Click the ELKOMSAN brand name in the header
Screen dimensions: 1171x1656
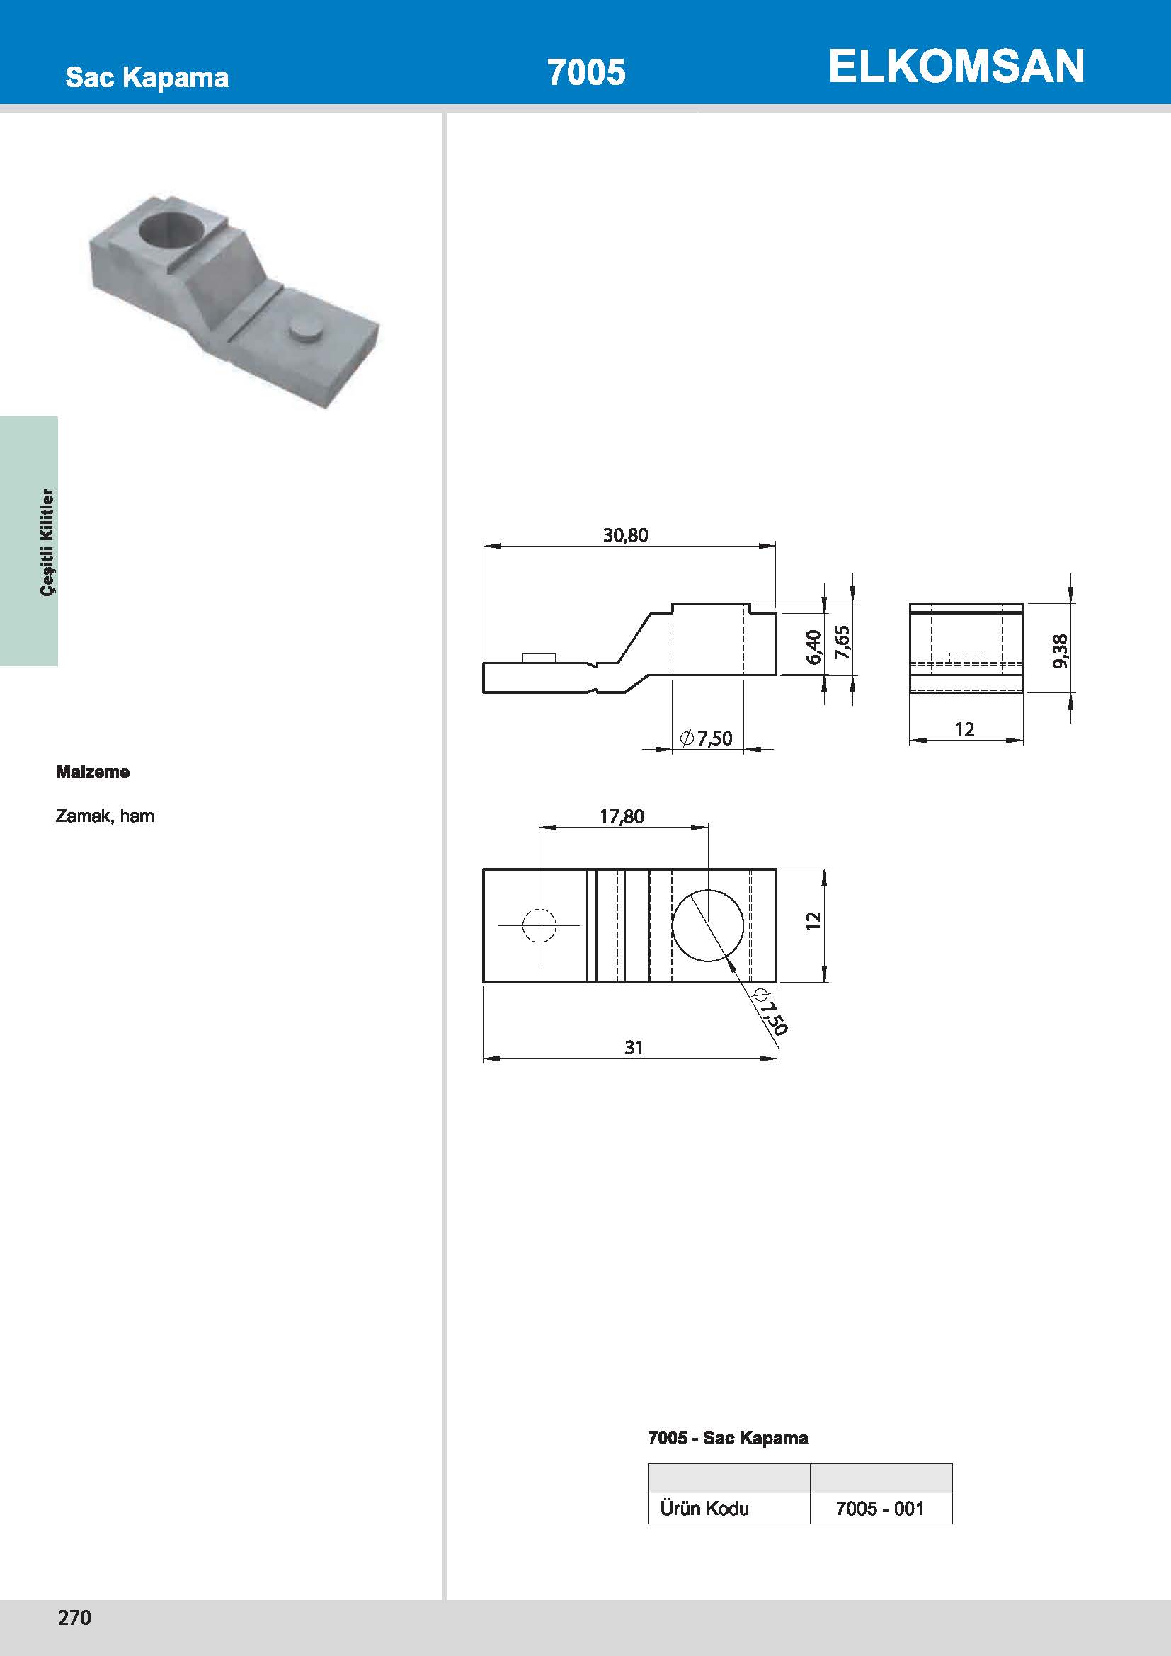(956, 67)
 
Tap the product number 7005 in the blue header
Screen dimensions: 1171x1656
(586, 72)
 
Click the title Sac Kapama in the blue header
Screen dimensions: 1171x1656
(147, 77)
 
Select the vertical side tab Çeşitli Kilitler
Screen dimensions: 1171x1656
(47, 542)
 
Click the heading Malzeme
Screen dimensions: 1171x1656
(93, 772)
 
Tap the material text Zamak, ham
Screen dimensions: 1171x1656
(105, 816)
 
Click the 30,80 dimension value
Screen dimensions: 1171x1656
(625, 535)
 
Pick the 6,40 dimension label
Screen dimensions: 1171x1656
(813, 647)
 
